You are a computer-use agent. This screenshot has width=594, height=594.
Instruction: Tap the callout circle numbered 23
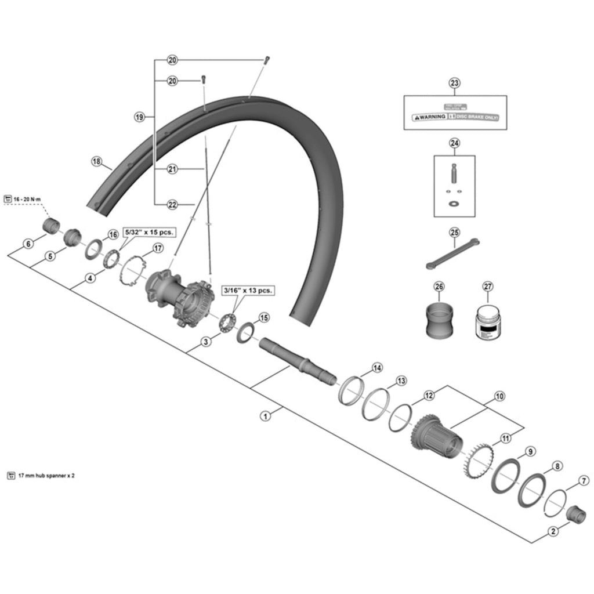pos(454,83)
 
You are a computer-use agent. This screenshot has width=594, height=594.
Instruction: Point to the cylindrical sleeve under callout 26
pos(439,323)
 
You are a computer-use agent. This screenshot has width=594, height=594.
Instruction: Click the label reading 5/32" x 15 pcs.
pos(150,232)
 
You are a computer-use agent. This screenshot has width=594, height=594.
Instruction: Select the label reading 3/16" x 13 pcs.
pos(249,290)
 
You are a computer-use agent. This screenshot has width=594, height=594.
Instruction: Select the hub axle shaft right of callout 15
pos(296,359)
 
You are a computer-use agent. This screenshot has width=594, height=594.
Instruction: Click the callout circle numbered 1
pos(266,416)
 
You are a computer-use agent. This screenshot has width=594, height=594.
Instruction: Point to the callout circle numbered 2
pos(553,530)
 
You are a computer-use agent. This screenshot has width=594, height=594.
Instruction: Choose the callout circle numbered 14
pos(377,368)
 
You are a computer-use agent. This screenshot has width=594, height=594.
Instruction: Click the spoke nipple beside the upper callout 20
pos(266,59)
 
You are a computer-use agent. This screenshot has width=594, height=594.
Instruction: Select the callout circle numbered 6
pos(28,244)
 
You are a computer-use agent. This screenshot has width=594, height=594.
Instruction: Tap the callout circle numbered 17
pos(157,249)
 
